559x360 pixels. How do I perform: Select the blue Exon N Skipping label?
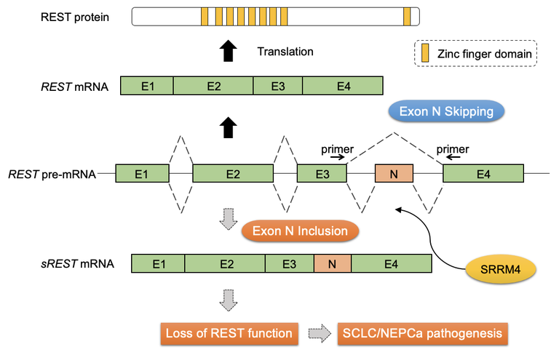pos(446,111)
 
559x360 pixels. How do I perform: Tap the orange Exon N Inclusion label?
pos(301,231)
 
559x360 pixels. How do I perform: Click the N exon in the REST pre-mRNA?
pos(394,174)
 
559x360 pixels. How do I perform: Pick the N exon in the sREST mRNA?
pos(332,263)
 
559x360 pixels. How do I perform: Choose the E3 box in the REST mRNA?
pos(277,87)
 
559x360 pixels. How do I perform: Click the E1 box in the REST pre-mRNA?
pos(142,174)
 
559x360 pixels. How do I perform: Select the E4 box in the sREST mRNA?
pos(390,263)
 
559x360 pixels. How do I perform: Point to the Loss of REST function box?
pos(228,335)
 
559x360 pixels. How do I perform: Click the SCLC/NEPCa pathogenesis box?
pos(422,335)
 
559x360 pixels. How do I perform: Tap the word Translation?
pos(285,52)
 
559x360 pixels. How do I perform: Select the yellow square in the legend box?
pos(425,53)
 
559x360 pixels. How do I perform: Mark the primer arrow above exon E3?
pos(333,155)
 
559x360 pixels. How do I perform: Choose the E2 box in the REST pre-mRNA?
pos(233,174)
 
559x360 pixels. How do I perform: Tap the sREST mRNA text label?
pos(78,263)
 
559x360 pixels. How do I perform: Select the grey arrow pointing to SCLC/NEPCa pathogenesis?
pos(318,335)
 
